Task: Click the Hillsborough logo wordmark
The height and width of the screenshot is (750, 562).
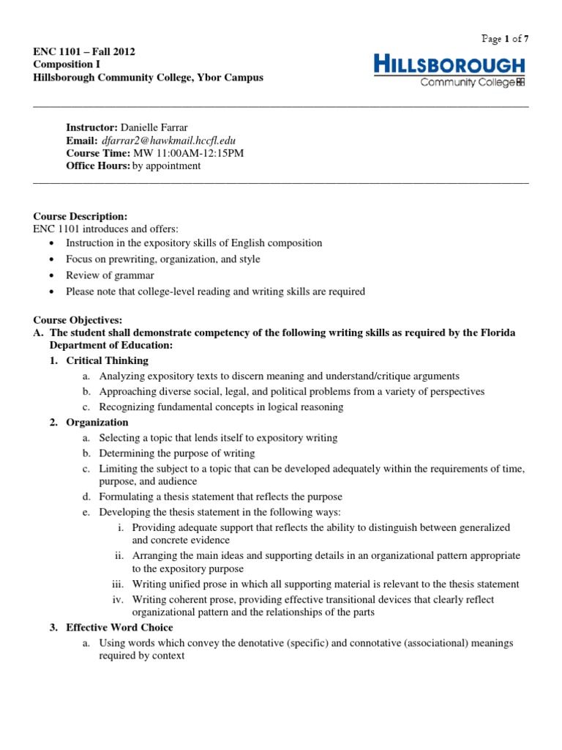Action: coord(449,64)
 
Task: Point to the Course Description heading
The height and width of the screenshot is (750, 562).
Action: coord(80,217)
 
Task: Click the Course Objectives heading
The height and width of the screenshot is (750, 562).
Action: coord(78,320)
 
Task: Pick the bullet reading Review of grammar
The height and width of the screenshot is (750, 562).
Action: coord(110,275)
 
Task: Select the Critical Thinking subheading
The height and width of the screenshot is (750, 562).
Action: coord(107,360)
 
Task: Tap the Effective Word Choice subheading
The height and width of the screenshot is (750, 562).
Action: coord(119,628)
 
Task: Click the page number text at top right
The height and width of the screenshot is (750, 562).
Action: coord(503,40)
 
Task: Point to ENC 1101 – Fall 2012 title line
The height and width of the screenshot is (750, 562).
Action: coord(84,51)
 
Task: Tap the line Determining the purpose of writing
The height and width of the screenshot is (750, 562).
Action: coord(177,453)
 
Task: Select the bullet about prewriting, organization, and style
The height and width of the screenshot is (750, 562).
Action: coord(162,259)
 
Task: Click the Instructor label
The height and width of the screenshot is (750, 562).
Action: coord(92,127)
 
